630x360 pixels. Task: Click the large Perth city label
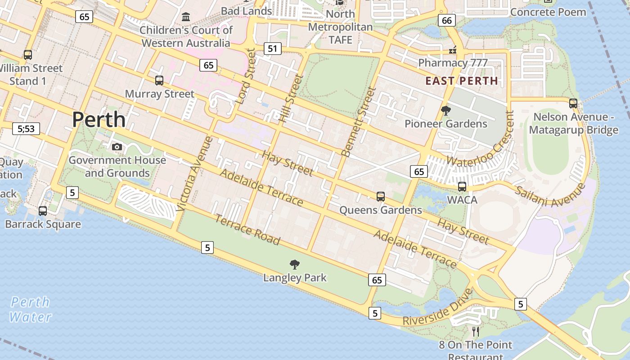(99, 120)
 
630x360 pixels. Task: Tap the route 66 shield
(446, 20)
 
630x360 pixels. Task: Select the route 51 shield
(272, 48)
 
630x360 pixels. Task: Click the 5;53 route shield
(26, 129)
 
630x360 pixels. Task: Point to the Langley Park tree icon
(295, 265)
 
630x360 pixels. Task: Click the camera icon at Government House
(117, 147)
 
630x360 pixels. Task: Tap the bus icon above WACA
(462, 186)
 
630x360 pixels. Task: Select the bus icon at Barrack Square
(43, 211)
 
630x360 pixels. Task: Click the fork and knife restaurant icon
(476, 332)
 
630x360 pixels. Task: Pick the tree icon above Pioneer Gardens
(446, 110)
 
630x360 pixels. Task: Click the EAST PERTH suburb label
(462, 81)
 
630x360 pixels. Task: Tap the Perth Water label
(30, 309)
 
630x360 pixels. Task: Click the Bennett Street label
(359, 121)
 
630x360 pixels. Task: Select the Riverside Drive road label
(437, 308)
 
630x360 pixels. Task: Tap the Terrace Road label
(247, 230)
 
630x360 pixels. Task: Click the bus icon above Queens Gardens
(381, 196)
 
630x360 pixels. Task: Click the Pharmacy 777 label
(453, 63)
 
